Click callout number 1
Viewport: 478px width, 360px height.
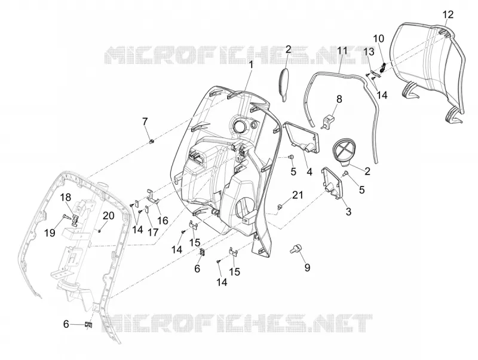[x=252, y=65]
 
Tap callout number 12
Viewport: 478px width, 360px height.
[x=448, y=14]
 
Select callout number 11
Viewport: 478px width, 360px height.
[x=342, y=51]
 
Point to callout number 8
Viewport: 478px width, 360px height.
[x=339, y=99]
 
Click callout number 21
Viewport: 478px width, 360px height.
[x=298, y=194]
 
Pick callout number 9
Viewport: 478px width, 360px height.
[x=307, y=267]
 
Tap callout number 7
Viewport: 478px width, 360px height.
[x=145, y=121]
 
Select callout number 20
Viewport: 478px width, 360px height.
[x=108, y=216]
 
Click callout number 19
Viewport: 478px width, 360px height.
[x=50, y=233]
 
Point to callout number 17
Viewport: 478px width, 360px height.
[x=153, y=233]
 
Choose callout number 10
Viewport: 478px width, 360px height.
[x=379, y=39]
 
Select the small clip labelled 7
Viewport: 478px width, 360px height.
[x=152, y=141]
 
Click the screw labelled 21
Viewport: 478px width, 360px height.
[x=278, y=207]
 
